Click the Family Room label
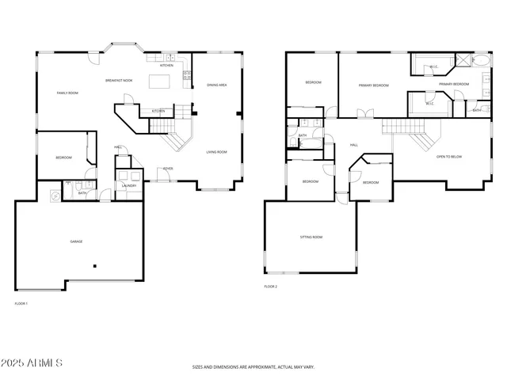point(67,93)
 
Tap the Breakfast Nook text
point(119,81)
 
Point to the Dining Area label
point(217,85)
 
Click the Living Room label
point(217,151)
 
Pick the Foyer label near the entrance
point(168,169)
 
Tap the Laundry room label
point(128,186)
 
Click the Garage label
point(76,241)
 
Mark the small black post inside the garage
point(95,266)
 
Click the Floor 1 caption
point(21,303)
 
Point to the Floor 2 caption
point(271,287)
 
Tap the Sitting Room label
point(311,237)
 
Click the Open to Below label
point(449,157)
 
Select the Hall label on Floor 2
point(354,145)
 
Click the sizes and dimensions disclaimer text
point(253,367)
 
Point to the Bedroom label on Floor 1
point(63,158)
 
